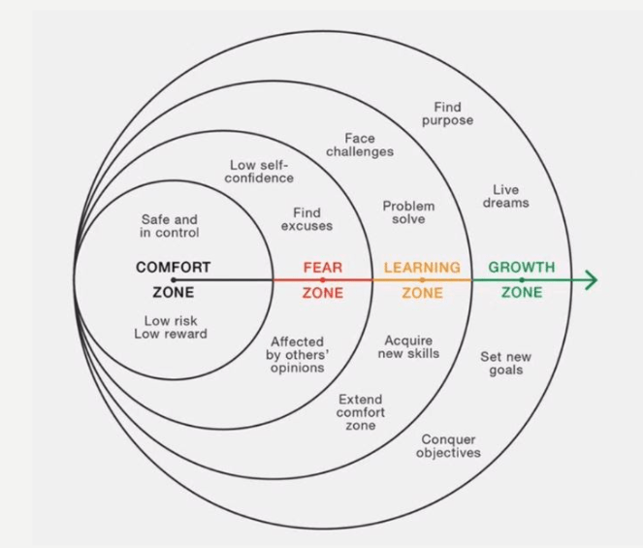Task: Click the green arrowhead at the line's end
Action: point(589,280)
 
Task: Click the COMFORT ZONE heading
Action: point(173,279)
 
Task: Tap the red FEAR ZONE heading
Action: point(323,279)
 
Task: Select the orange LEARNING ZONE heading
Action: point(422,279)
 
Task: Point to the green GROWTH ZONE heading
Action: point(522,279)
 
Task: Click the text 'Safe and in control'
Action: point(170,226)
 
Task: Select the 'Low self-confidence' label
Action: point(262,172)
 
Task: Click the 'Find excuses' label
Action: point(306,219)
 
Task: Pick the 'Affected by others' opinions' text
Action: point(298,355)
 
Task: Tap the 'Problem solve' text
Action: point(408,212)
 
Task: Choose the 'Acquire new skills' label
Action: point(408,347)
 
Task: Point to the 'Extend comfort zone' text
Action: point(361,412)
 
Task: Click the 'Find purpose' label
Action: point(448,113)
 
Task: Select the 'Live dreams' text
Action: point(505,196)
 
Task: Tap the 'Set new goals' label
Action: point(505,364)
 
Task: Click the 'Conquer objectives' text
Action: point(448,446)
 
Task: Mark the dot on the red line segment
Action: point(323,280)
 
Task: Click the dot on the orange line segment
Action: point(422,280)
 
